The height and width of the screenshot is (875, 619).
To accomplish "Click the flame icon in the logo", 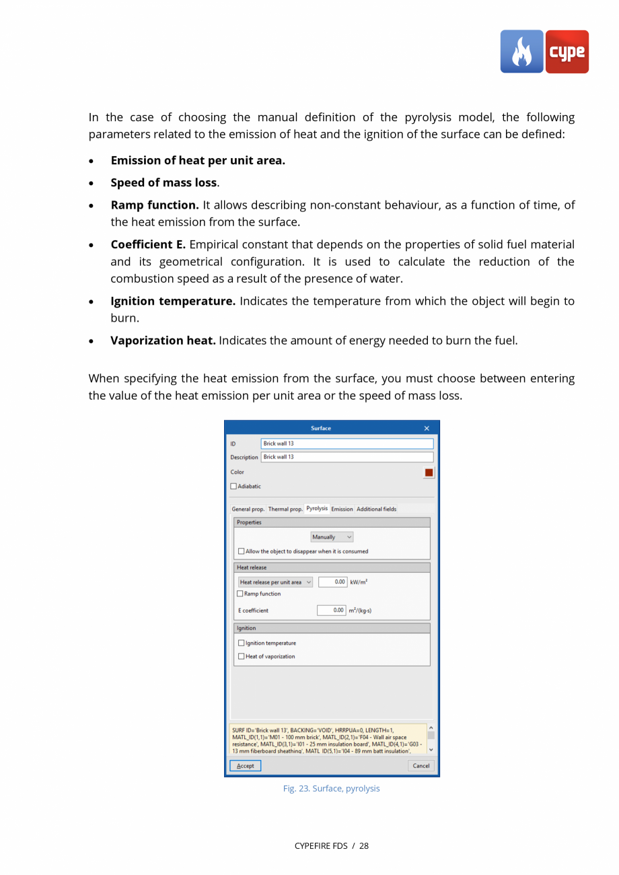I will click(521, 52).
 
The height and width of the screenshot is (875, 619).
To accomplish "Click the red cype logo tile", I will click(567, 52).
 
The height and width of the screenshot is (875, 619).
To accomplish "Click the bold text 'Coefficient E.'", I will click(148, 244).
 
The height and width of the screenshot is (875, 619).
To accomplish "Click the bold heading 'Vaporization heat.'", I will click(163, 341).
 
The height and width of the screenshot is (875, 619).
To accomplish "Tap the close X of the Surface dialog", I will click(427, 429).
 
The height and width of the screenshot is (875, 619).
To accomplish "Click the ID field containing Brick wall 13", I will click(347, 444).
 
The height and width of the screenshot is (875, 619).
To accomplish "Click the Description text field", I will click(347, 457).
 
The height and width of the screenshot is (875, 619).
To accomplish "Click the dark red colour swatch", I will click(429, 473).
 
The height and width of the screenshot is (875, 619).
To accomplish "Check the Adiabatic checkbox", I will click(234, 487).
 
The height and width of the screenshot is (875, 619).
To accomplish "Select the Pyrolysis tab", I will click(317, 509).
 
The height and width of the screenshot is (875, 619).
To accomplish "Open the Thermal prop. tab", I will click(285, 510).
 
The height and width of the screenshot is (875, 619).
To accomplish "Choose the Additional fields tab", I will click(376, 510).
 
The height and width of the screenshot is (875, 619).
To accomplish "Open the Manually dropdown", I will click(332, 537).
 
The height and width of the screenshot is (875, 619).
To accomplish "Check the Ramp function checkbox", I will click(241, 594).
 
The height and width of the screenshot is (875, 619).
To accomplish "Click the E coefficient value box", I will click(332, 610).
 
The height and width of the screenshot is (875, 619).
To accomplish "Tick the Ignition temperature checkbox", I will click(242, 643).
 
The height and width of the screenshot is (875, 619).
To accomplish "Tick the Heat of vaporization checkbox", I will click(242, 657).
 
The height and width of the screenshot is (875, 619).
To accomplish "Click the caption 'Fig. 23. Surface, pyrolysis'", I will click(331, 789).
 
